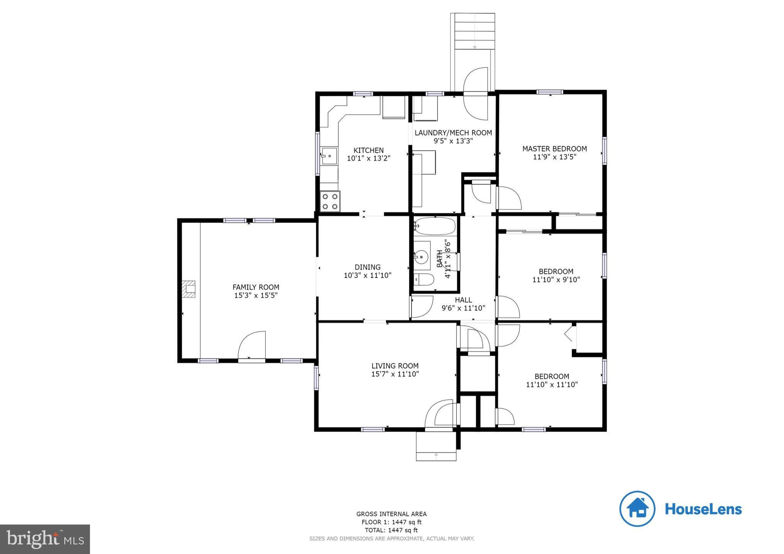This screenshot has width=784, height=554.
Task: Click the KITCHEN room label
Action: [368, 150]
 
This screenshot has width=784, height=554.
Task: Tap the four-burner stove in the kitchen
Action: [330, 201]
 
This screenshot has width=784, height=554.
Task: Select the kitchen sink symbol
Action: [329, 156]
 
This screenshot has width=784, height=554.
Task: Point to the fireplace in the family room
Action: [188, 289]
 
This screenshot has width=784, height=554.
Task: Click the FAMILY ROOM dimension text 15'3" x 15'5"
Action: [256, 295]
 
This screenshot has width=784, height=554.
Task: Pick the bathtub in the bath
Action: [435, 226]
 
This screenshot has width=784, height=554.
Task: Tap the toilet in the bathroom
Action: [424, 280]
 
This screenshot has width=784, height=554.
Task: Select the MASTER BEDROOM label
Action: [554, 148]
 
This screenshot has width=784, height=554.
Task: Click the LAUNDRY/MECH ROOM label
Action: [453, 133]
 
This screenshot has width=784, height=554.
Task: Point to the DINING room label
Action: [367, 267]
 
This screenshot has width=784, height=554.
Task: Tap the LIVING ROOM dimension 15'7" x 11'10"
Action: [395, 374]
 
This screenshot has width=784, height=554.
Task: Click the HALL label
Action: [463, 300]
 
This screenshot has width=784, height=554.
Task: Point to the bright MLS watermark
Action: [45, 539]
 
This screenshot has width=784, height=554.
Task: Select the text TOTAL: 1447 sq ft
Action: [391, 530]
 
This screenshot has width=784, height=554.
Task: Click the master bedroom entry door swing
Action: [509, 198]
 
